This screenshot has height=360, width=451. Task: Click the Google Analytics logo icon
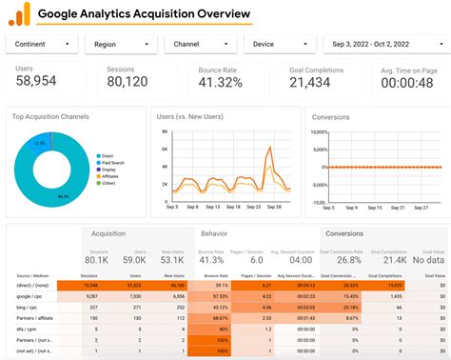click(x=19, y=13)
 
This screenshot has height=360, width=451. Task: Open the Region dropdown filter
click(x=121, y=44)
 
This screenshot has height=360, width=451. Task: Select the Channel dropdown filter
click(x=200, y=44)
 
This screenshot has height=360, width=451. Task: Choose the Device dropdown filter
click(x=279, y=44)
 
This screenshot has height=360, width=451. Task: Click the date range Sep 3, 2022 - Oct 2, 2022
click(x=383, y=44)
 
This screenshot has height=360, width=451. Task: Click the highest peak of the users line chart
click(x=273, y=149)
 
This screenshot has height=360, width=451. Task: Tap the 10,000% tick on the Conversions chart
click(x=321, y=131)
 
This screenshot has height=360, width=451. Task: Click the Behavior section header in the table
click(x=213, y=232)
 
